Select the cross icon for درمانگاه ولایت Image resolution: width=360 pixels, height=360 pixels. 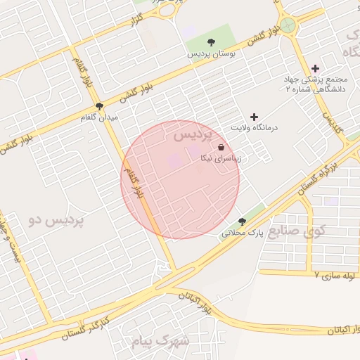[255, 117]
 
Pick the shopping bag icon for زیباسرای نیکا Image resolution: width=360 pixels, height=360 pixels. [222, 148]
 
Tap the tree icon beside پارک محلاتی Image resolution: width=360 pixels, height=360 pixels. [243, 221]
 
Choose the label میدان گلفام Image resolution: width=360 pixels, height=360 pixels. [99, 117]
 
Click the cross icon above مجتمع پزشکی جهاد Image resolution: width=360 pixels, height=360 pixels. [315, 69]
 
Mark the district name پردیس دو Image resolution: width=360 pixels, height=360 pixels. [56, 220]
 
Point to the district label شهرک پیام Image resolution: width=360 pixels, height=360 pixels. [161, 341]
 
